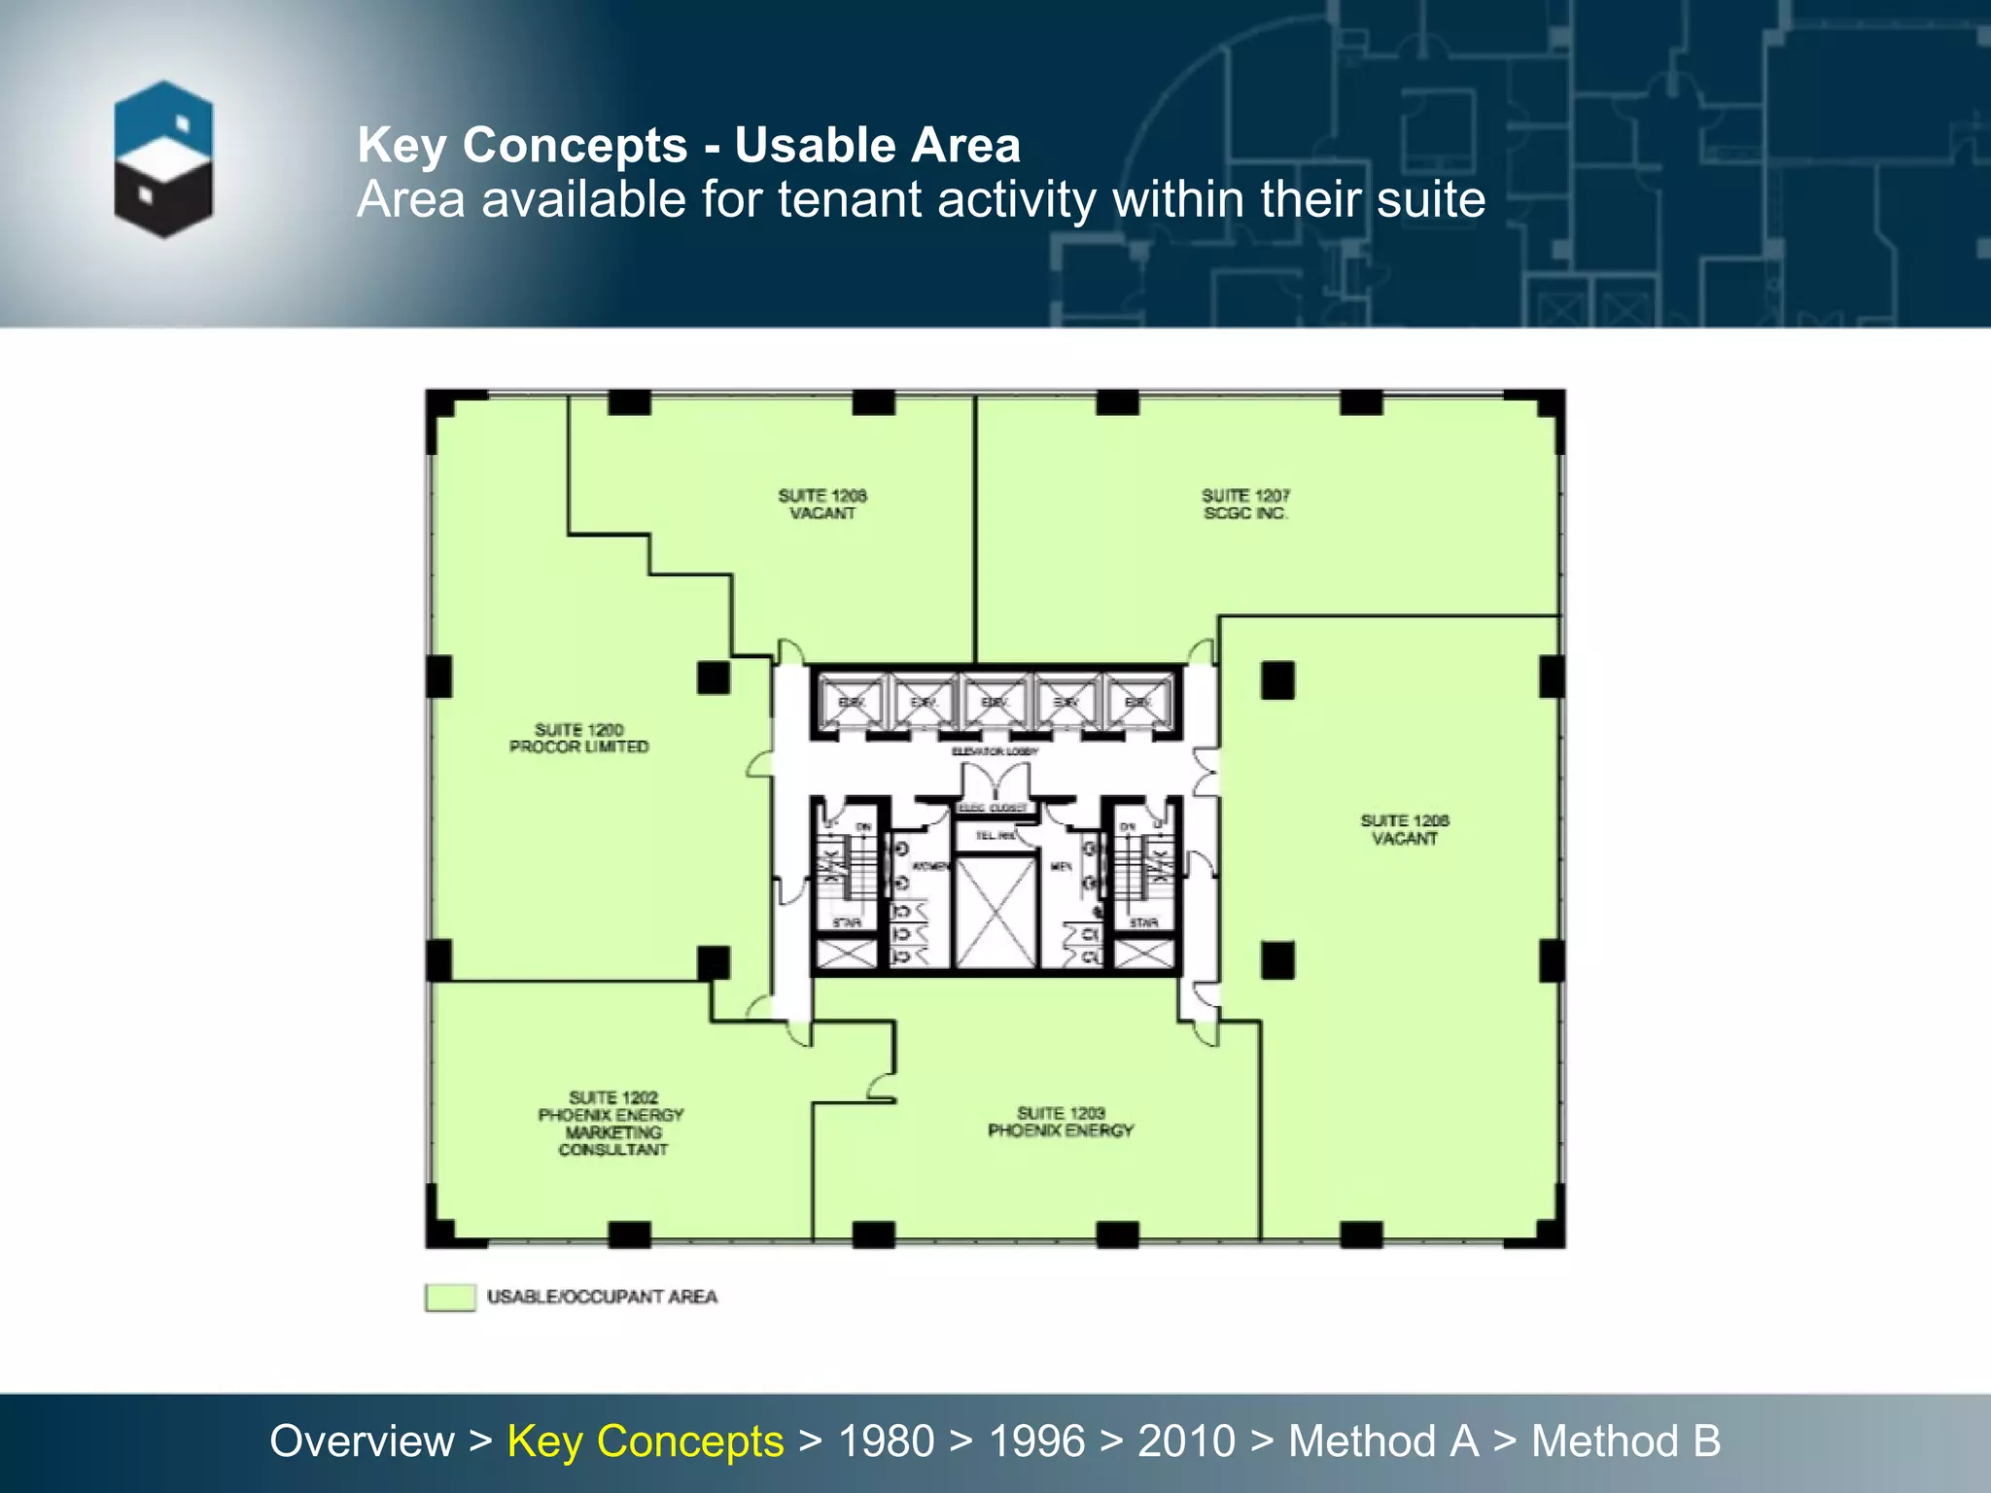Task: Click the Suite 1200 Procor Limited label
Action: tap(578, 738)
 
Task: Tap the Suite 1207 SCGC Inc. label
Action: tap(1245, 504)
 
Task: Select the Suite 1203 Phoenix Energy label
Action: tap(1061, 1122)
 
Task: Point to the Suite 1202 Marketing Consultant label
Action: tap(611, 1124)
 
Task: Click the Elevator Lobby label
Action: tap(995, 751)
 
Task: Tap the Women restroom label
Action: tap(929, 866)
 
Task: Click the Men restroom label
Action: tap(1061, 866)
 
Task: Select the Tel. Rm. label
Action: tap(995, 835)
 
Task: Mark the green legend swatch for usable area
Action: tap(450, 1297)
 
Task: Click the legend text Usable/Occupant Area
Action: tap(602, 1297)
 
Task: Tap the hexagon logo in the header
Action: tap(163, 159)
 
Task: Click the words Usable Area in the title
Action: tap(877, 146)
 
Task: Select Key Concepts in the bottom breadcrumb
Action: tap(646, 1441)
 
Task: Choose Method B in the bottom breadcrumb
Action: tap(1625, 1441)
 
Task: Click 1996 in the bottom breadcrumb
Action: tap(1036, 1441)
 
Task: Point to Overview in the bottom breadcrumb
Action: tap(362, 1441)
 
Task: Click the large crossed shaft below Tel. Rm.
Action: tap(995, 912)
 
